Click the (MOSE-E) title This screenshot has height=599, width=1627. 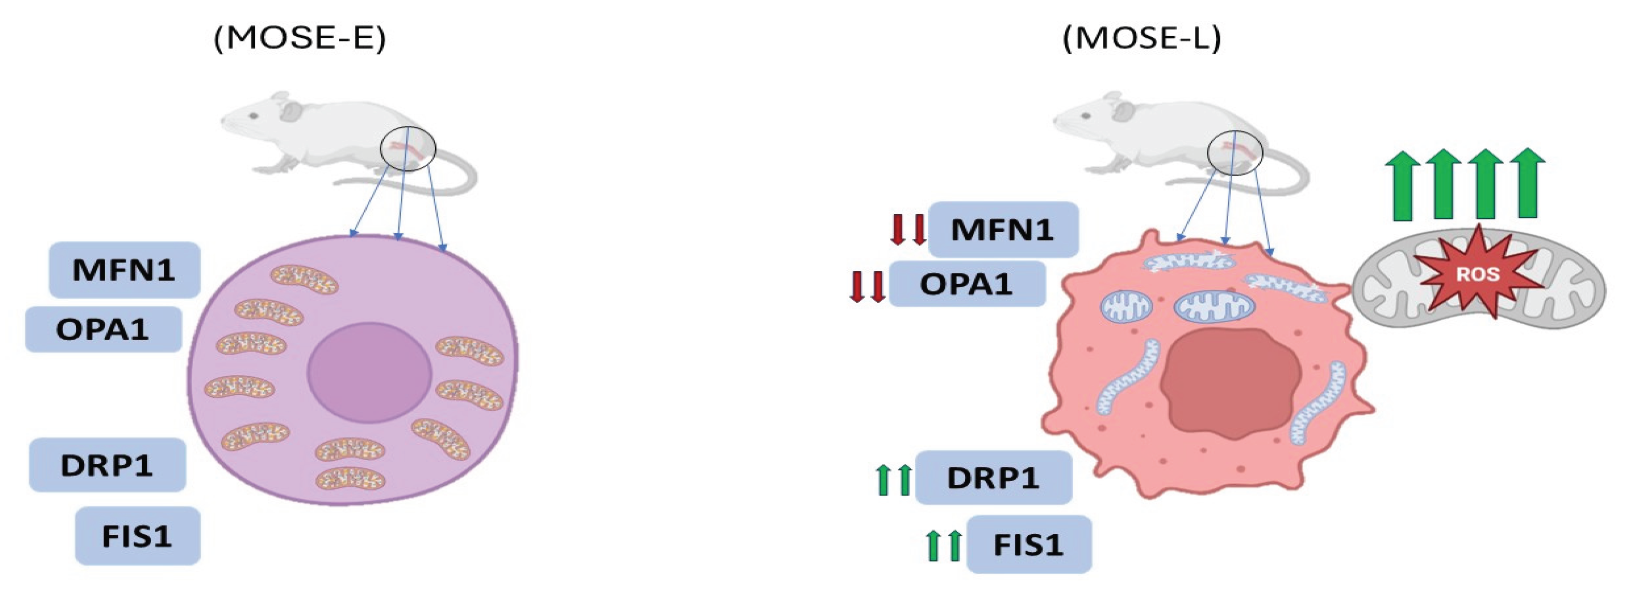coord(299,39)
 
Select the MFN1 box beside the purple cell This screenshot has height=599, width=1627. coord(124,270)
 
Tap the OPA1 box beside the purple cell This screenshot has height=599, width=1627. coord(103,329)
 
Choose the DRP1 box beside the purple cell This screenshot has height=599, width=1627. coord(107,465)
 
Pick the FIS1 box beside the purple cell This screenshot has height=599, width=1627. coord(137,536)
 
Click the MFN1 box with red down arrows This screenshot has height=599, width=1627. coord(1002,229)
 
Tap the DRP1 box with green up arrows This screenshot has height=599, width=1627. coord(993,478)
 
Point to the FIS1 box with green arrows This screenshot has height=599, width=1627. coord(1028,544)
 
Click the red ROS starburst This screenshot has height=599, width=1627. coord(1477,274)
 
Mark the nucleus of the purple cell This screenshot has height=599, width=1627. coord(369,372)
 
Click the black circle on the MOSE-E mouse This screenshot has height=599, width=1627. coord(407,149)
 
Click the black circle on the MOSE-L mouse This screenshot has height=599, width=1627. coord(1235,153)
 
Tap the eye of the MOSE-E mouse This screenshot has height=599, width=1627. coord(253,116)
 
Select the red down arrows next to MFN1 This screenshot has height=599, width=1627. coord(908,229)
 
